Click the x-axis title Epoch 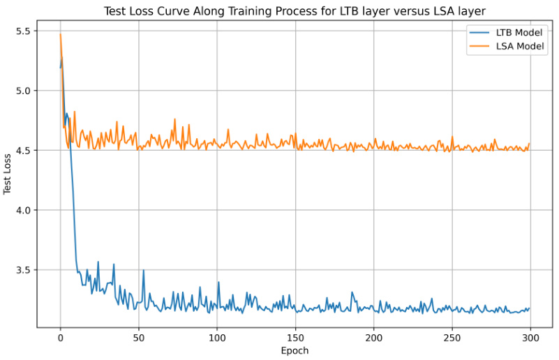(x=294, y=350)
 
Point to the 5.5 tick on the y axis (x=24, y=31)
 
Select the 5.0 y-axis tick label (x=24, y=91)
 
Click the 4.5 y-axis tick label (x=24, y=151)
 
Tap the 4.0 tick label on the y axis (x=24, y=210)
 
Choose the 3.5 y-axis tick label (x=24, y=270)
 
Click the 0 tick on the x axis (x=60, y=336)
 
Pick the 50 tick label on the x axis (x=138, y=336)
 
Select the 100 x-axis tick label (x=217, y=336)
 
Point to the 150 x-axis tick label (x=295, y=336)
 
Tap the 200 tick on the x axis (x=374, y=336)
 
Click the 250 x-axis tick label (x=452, y=336)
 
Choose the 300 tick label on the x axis (x=531, y=336)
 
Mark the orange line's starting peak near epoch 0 (x=61, y=34)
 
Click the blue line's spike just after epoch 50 (x=143, y=271)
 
